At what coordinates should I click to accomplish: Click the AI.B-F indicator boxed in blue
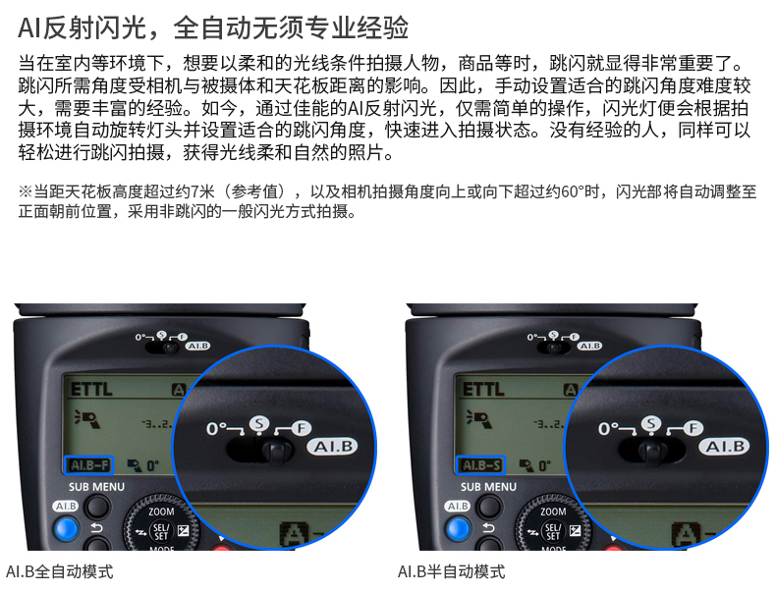click(x=89, y=465)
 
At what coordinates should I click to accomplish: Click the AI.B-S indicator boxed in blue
click(x=480, y=465)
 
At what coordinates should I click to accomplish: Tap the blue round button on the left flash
click(x=67, y=529)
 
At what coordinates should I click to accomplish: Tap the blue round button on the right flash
click(x=459, y=529)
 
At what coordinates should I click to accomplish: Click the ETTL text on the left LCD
click(x=91, y=389)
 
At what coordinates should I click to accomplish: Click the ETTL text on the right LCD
click(x=483, y=389)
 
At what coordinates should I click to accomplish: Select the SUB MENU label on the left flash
click(x=96, y=487)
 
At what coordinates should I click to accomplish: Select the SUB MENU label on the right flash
click(x=488, y=487)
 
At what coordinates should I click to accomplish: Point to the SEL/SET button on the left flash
click(x=161, y=531)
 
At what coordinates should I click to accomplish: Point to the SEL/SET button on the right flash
click(x=553, y=531)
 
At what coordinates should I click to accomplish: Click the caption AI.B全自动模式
click(x=59, y=571)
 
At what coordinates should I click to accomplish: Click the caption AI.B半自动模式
click(x=451, y=571)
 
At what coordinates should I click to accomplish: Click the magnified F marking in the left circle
click(x=302, y=428)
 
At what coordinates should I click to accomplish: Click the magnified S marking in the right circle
click(x=651, y=424)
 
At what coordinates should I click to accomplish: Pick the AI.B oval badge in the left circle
click(x=333, y=447)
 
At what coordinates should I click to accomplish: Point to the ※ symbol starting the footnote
click(x=26, y=191)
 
